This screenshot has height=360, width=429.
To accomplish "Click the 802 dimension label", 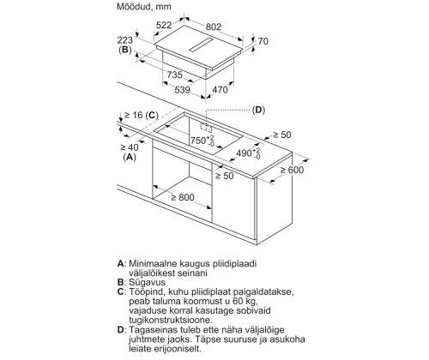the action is click(214, 27).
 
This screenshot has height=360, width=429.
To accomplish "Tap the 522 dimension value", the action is click(164, 25).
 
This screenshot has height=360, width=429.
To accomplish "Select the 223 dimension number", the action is click(125, 40).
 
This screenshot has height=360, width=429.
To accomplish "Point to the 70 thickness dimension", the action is click(263, 41).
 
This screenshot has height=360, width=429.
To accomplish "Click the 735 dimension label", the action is click(174, 75).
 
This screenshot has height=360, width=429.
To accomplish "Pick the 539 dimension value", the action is click(183, 90).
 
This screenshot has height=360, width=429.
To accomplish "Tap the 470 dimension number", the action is click(220, 90).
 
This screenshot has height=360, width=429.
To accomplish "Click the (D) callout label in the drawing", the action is click(258, 110).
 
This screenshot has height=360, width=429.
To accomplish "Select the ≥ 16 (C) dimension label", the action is click(142, 115).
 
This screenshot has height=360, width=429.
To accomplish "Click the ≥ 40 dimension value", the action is click(130, 147).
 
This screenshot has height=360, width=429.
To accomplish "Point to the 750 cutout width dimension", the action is click(202, 140).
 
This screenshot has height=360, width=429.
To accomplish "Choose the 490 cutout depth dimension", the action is click(248, 153).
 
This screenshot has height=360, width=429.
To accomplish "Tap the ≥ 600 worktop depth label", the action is click(292, 170).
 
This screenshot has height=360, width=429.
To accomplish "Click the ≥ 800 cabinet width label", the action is click(183, 197).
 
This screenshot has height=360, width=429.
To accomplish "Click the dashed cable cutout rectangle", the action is click(206, 128).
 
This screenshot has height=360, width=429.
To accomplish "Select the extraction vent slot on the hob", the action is click(202, 45).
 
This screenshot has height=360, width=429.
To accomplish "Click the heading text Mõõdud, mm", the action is click(144, 6).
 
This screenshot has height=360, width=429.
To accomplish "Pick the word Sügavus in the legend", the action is click(148, 282).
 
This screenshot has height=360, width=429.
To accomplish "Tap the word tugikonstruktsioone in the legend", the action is click(171, 320).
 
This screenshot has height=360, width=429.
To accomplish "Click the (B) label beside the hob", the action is click(125, 50).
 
